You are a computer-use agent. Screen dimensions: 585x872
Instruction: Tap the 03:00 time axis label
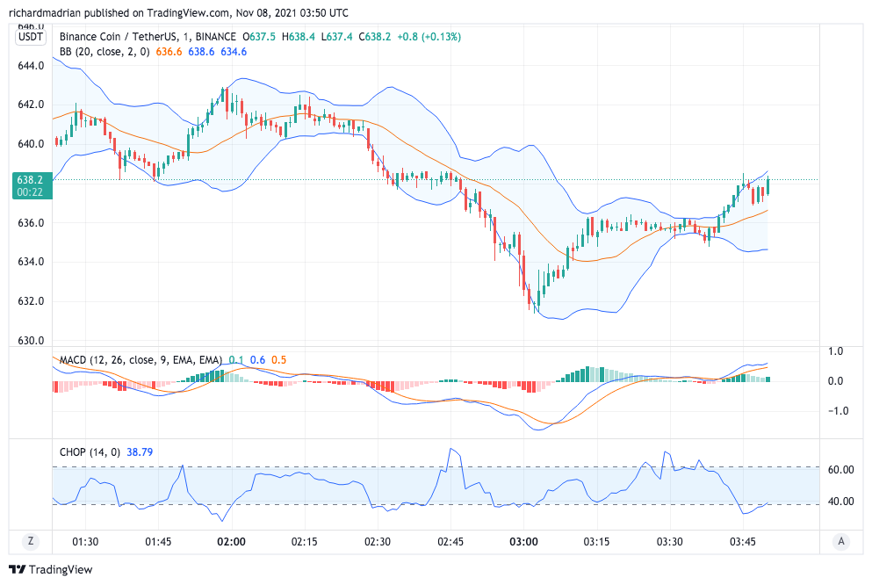(x=523, y=541)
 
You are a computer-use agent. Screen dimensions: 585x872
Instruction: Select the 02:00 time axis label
(x=231, y=541)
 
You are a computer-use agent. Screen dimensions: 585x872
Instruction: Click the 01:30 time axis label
(x=85, y=541)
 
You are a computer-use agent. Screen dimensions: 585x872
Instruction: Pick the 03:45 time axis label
(x=743, y=541)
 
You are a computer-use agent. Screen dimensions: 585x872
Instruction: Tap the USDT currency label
(x=31, y=37)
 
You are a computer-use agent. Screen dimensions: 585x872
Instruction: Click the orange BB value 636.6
(x=169, y=52)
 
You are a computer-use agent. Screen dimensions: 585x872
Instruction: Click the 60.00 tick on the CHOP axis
(x=841, y=469)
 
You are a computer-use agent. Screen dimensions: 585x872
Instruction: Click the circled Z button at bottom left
(x=31, y=541)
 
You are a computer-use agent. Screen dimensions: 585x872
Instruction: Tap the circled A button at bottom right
(x=841, y=541)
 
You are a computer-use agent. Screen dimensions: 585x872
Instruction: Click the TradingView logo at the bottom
(x=50, y=569)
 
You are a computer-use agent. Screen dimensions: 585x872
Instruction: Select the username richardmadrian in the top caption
(x=47, y=13)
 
